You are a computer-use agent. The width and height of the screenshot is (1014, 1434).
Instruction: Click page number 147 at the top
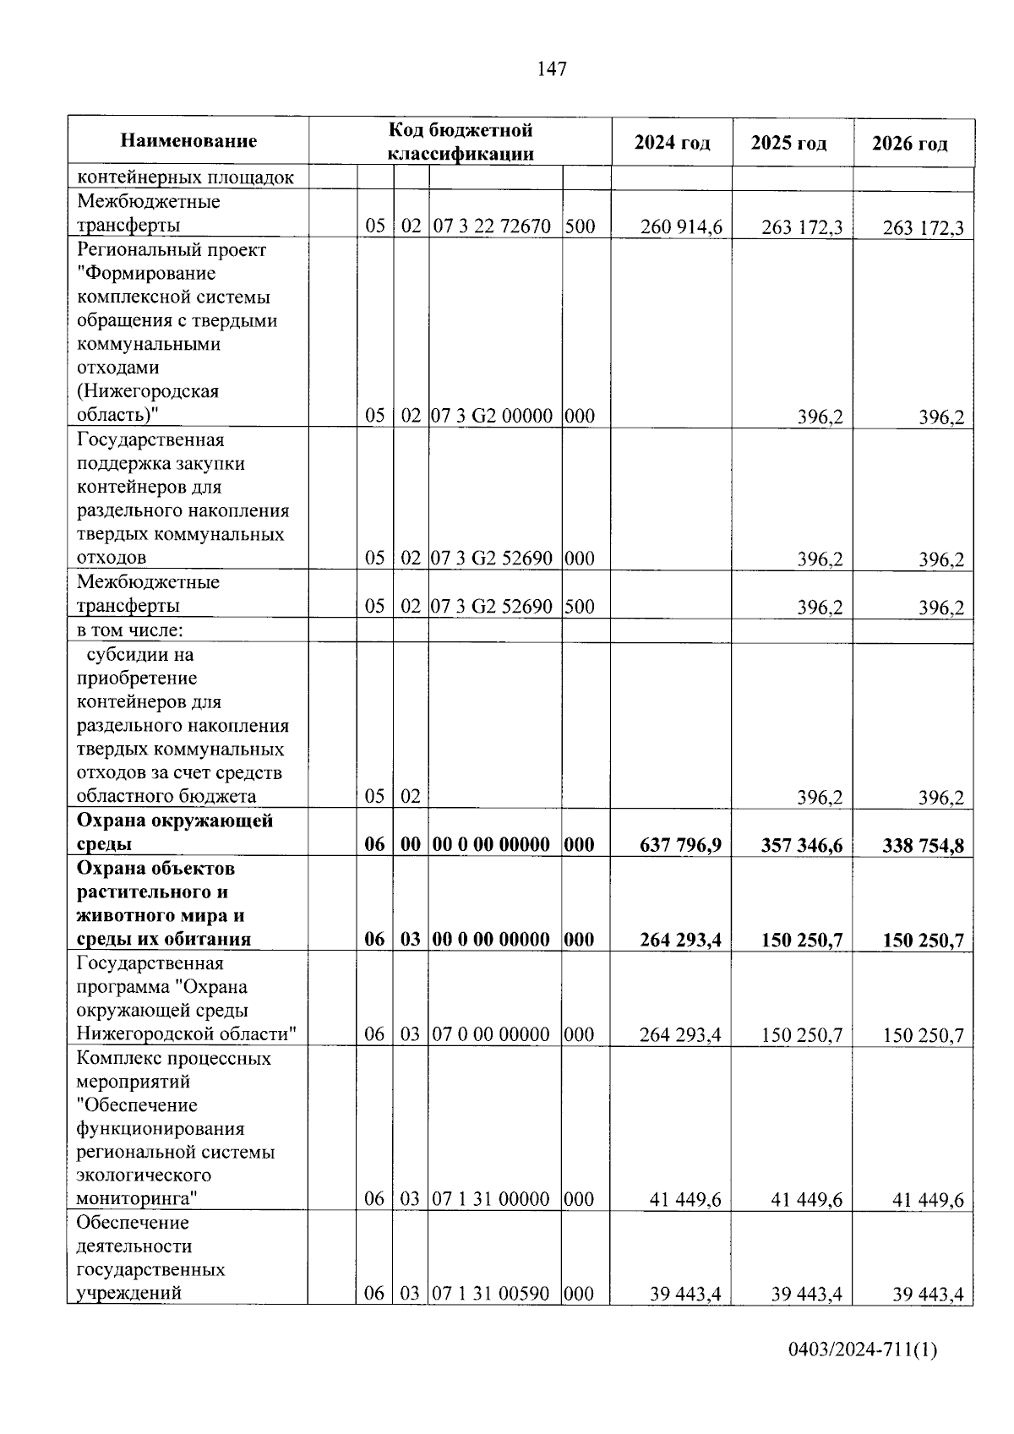tap(552, 69)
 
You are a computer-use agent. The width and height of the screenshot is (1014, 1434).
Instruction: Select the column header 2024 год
tap(672, 143)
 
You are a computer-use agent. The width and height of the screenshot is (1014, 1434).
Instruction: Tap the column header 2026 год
tap(909, 144)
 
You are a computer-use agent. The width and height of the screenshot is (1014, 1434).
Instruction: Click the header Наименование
tap(188, 141)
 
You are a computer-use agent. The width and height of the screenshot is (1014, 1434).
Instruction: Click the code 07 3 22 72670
tap(492, 226)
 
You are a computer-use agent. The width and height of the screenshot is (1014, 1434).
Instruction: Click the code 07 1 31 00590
tap(492, 1294)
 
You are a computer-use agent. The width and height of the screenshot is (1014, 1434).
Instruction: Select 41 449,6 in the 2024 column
tap(685, 1200)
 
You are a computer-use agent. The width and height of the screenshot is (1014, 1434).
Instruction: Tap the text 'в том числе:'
tap(130, 630)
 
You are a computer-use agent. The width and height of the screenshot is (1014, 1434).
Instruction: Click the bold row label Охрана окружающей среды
tap(174, 832)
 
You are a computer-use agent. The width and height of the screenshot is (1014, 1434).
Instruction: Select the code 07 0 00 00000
tap(492, 1034)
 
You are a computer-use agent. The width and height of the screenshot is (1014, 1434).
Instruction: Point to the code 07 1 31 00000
tap(492, 1199)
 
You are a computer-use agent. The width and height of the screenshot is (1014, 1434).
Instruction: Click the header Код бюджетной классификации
tap(461, 141)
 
